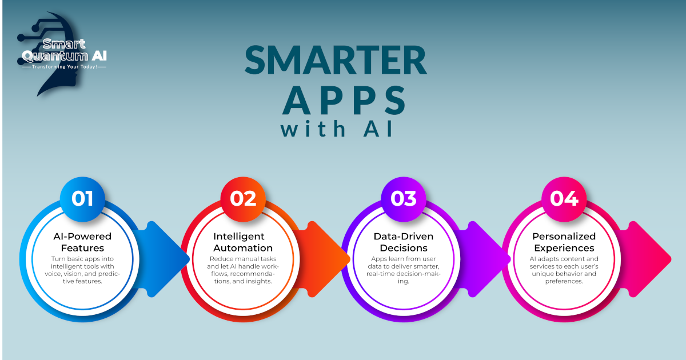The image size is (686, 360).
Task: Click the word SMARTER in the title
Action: [x=336, y=60]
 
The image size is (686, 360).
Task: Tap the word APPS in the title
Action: [x=345, y=100]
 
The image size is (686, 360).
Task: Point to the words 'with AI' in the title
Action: [x=337, y=129]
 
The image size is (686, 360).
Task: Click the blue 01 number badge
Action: [x=82, y=199]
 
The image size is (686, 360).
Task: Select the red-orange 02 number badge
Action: [x=243, y=199]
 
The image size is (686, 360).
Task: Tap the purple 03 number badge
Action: [x=404, y=199]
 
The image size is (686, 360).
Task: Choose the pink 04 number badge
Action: [x=564, y=199]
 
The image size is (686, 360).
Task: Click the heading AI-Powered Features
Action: [x=82, y=242]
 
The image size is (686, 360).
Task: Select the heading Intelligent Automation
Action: [x=243, y=242]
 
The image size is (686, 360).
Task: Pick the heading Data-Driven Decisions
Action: [x=404, y=242]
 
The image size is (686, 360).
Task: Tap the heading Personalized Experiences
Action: [x=564, y=242]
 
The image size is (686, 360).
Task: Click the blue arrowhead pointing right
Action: [x=167, y=259]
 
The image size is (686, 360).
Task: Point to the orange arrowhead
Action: [x=328, y=259]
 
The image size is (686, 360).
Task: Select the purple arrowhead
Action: [x=488, y=259]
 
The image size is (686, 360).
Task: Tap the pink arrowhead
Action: [x=649, y=259]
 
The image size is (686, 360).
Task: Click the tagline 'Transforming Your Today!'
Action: [x=64, y=67]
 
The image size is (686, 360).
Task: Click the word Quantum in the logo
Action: [x=55, y=56]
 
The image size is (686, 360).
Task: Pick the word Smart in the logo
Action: [x=64, y=44]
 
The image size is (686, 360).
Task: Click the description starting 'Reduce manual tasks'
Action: [x=243, y=270]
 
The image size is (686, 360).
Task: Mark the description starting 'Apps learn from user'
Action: [x=404, y=270]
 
